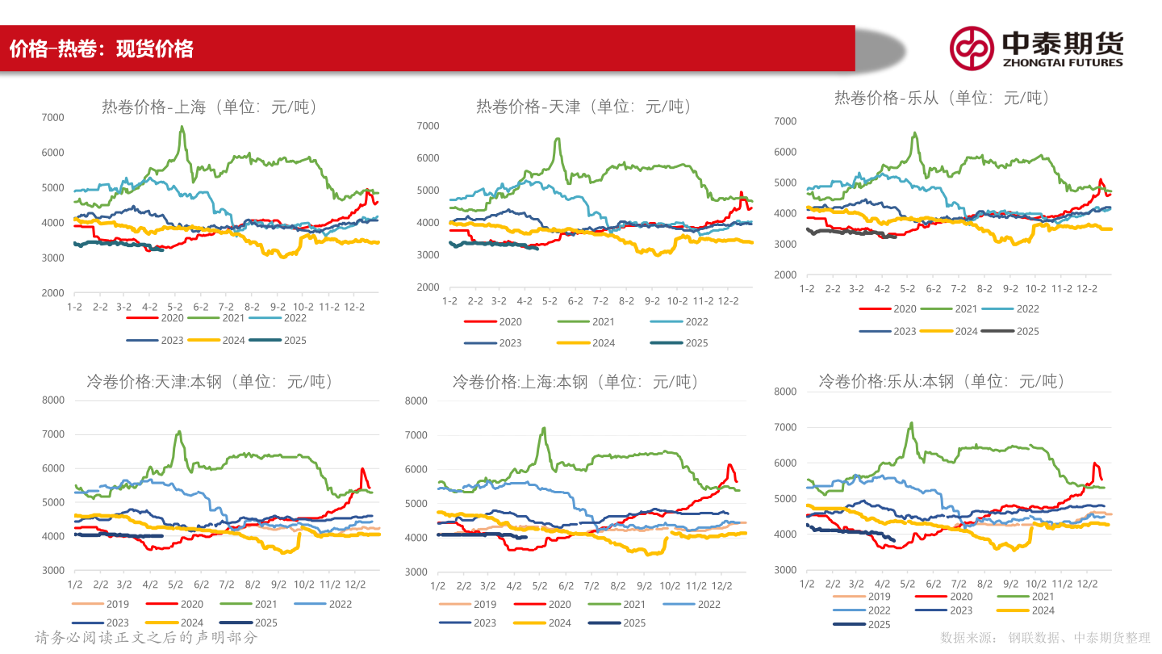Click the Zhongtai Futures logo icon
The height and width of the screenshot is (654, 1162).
click(x=971, y=48)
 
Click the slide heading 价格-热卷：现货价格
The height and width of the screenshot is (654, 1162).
click(x=102, y=49)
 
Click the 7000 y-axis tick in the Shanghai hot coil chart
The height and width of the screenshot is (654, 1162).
click(x=52, y=118)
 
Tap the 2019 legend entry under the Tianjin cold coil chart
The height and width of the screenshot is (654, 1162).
click(x=101, y=604)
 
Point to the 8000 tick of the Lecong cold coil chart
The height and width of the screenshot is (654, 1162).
click(x=785, y=392)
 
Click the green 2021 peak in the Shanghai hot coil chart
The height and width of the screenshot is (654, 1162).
click(x=182, y=127)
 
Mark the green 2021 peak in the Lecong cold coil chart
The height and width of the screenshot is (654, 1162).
click(x=911, y=423)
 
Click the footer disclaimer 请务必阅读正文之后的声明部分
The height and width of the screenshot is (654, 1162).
click(x=146, y=638)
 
